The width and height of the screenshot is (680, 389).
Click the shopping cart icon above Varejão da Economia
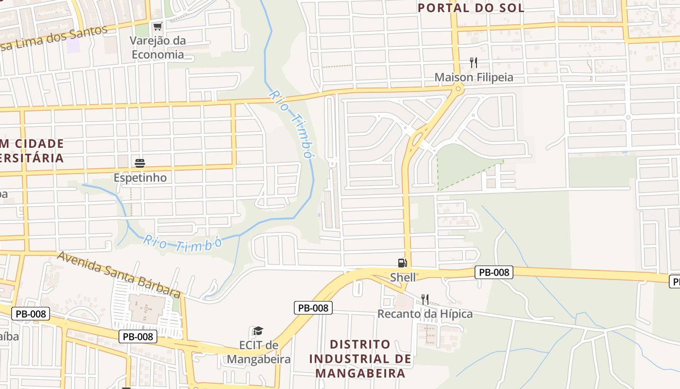point(157,26)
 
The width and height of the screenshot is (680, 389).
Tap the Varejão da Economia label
point(158,47)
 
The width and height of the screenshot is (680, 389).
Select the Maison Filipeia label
point(474,77)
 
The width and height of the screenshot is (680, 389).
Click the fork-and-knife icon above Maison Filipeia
point(474,63)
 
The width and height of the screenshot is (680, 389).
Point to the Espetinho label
point(140,177)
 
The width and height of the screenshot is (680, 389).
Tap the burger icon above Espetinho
point(140,163)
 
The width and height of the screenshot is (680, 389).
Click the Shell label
point(403,277)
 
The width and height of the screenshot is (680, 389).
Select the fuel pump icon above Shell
point(402,263)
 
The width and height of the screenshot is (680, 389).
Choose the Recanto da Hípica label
point(425,314)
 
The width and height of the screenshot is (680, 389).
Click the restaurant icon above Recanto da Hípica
point(425,299)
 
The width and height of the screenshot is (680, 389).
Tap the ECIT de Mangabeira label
point(259,353)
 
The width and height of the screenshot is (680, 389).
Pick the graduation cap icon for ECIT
point(258,331)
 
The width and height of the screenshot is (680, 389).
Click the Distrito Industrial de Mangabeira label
point(360,359)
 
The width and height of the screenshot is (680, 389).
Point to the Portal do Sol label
point(471,8)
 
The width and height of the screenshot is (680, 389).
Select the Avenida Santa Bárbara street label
point(119,274)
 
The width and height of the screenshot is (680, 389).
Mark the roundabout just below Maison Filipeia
point(457,88)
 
